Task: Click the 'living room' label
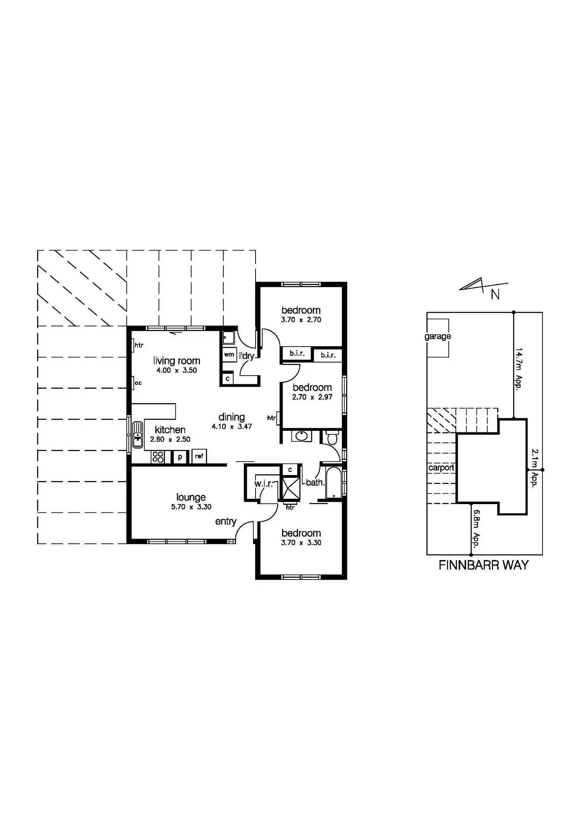(x=176, y=361)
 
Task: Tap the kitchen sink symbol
(x=138, y=434)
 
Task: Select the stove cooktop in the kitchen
(x=158, y=457)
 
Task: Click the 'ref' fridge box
(x=199, y=456)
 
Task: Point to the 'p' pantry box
(x=180, y=457)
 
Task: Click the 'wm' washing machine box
(x=229, y=354)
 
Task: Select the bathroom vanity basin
(x=302, y=436)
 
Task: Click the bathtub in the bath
(x=333, y=483)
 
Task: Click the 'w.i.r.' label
(x=263, y=483)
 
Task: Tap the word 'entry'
(x=226, y=521)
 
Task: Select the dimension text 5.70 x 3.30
(x=191, y=507)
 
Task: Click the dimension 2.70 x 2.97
(x=312, y=397)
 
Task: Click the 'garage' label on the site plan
(x=438, y=336)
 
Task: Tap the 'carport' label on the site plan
(x=441, y=467)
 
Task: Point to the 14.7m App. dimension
(x=519, y=368)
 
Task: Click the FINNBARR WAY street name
(x=484, y=565)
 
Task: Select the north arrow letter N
(x=495, y=295)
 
